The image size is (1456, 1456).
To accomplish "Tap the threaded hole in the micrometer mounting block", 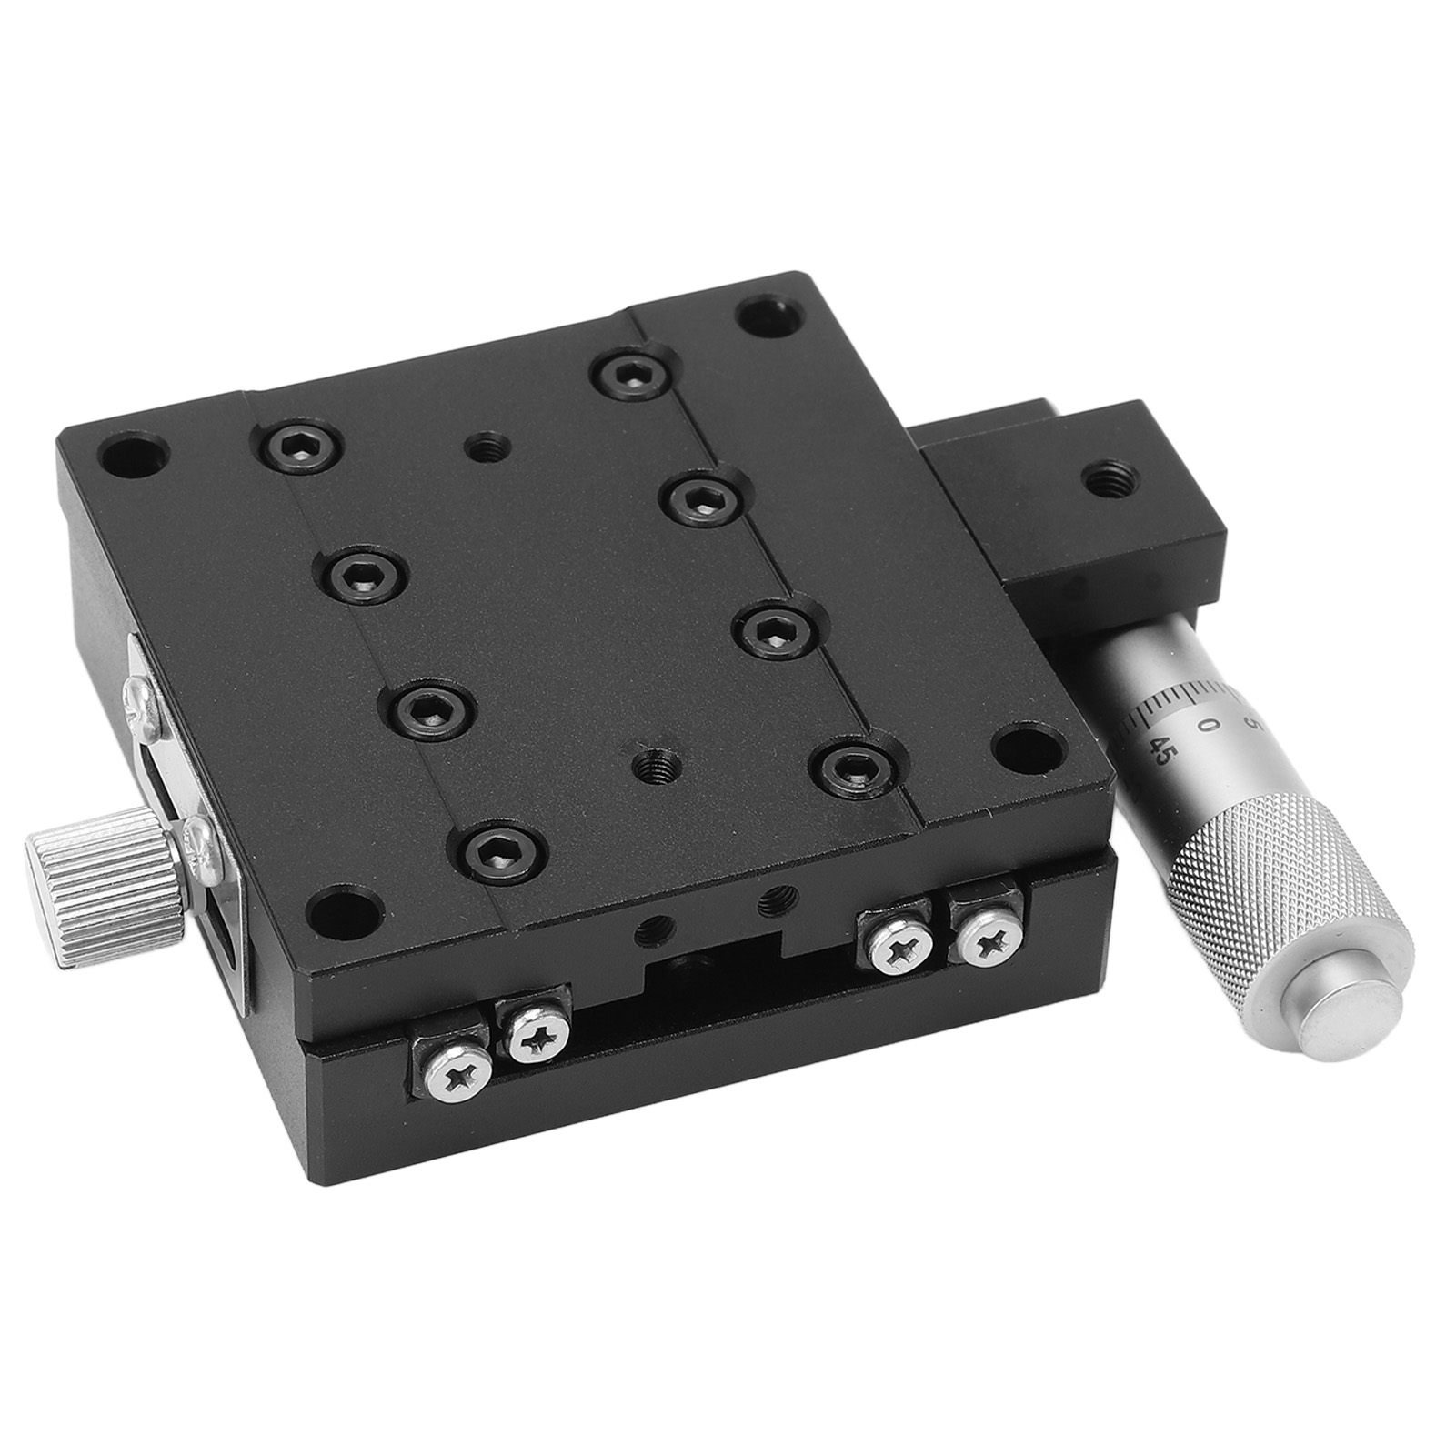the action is pos(1104,480).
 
